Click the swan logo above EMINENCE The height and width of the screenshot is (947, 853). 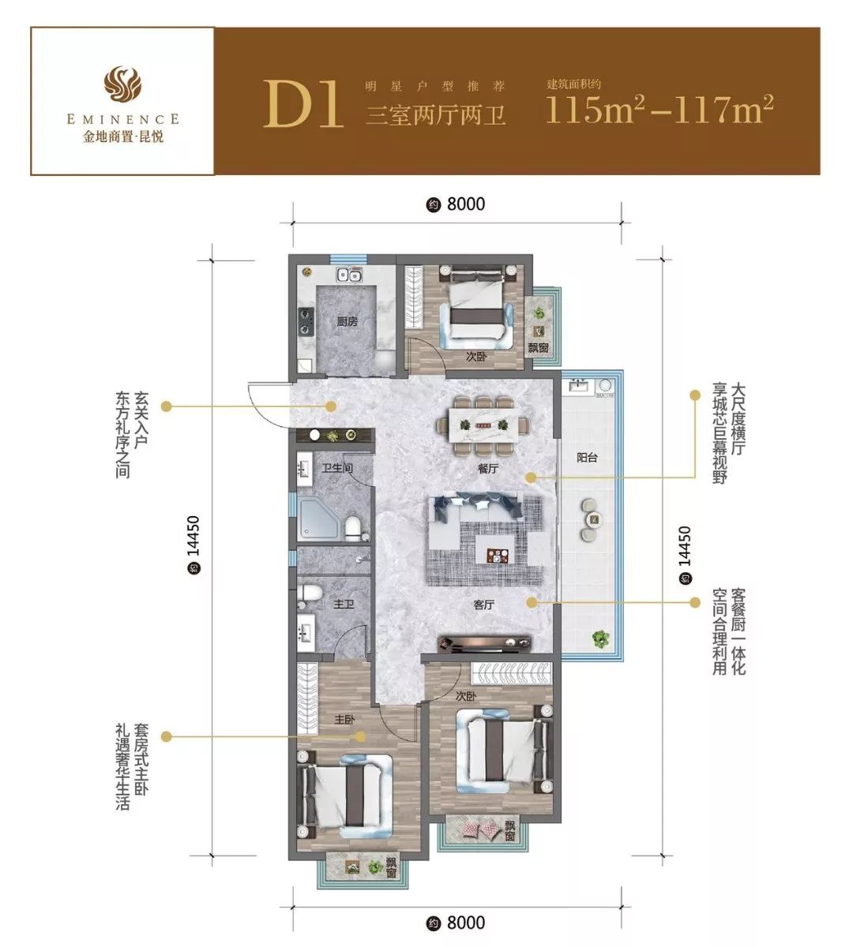point(123,83)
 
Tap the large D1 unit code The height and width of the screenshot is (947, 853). point(302,104)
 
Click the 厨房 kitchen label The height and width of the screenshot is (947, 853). point(348,322)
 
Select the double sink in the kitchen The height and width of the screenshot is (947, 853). point(349,275)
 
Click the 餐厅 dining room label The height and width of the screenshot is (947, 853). point(487,469)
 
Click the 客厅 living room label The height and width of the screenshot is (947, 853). point(484,605)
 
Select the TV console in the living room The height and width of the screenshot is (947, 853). point(484,642)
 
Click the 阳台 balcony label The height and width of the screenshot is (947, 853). point(587,458)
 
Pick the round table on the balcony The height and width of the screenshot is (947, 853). point(594,520)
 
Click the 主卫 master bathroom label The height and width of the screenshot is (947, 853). point(344,604)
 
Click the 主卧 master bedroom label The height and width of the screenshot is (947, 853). point(345,720)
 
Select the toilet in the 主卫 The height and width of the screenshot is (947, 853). point(310,593)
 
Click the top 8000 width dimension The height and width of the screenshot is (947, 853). point(456,204)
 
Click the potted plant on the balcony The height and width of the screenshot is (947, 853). point(599,639)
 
